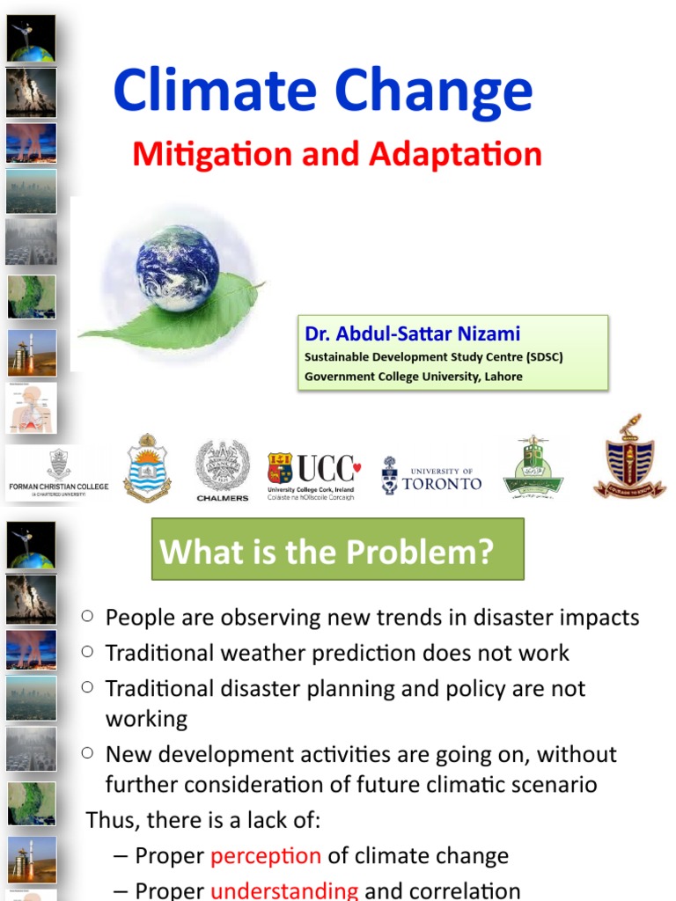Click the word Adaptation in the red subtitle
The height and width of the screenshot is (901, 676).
(456, 155)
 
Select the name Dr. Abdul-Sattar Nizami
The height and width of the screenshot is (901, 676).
(412, 334)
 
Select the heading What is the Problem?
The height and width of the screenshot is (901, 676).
(327, 552)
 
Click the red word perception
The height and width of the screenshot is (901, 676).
(266, 855)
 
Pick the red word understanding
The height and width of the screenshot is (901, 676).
(283, 890)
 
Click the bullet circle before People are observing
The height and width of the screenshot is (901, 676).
(87, 617)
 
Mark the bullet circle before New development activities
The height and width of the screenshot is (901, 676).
(87, 753)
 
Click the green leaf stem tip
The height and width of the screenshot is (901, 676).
(262, 282)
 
